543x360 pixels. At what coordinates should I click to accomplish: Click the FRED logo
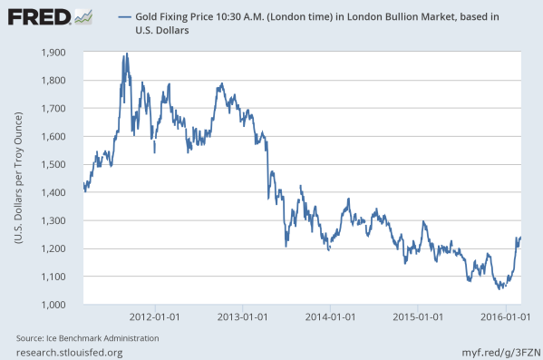coord(39,16)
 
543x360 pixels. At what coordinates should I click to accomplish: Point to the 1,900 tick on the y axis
coord(56,53)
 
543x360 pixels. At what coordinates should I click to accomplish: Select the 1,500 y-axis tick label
coord(56,165)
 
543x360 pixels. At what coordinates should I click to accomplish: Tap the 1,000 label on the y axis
coord(56,305)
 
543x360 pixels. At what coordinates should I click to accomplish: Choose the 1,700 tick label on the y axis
coord(56,109)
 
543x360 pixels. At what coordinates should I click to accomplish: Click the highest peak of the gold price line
coord(126,54)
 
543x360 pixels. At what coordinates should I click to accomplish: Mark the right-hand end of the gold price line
coord(521,238)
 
